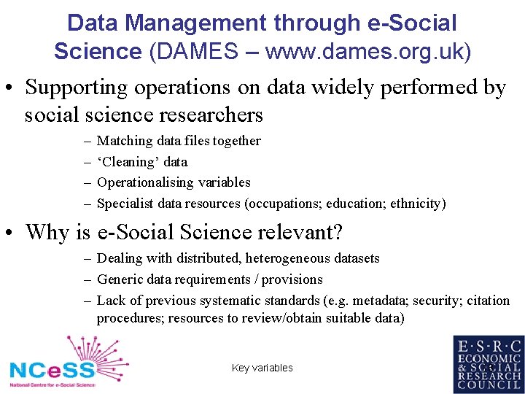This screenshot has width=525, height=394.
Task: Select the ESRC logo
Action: pos(488,364)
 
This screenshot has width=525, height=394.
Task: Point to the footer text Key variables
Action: pos(262,368)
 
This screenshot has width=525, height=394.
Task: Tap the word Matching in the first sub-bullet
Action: pos(122,140)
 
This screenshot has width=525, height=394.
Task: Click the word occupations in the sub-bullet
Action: pos(294,204)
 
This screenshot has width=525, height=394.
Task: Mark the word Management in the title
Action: pos(197,23)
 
